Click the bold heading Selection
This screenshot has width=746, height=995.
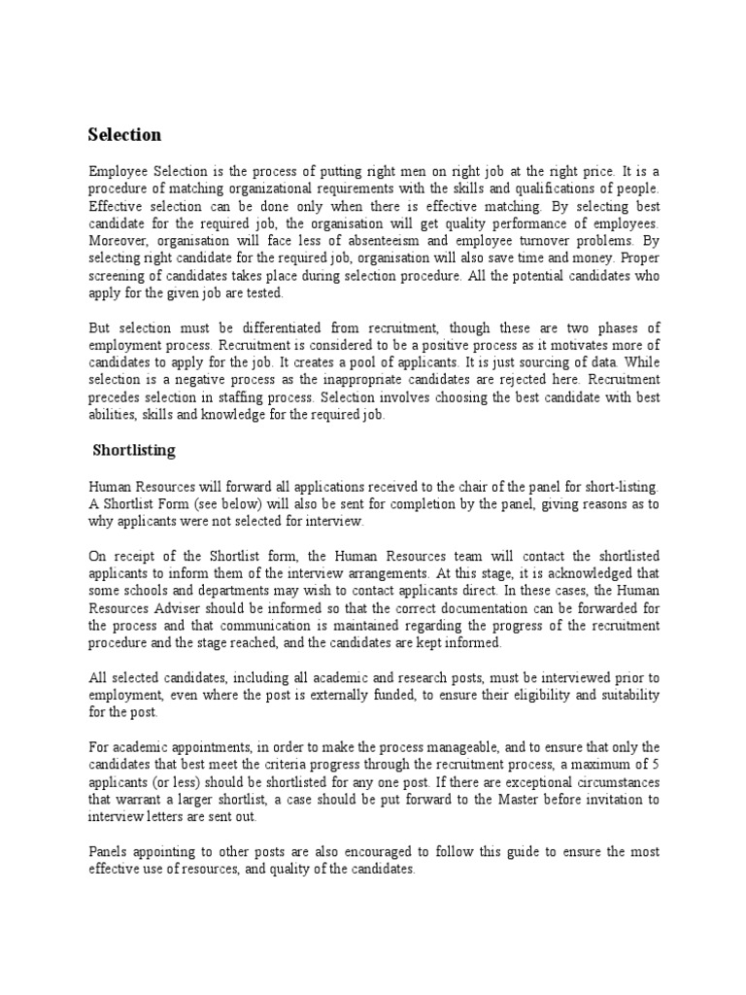[124, 134]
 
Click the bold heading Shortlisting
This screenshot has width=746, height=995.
[134, 450]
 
